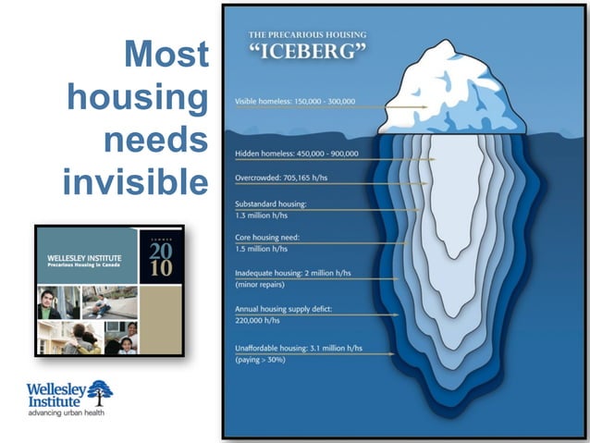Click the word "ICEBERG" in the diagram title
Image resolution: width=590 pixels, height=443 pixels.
click(307, 52)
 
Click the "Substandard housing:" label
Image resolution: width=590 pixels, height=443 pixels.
click(270, 203)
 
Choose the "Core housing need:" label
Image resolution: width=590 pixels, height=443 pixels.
click(267, 238)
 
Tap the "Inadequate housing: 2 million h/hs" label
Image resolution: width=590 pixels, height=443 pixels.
click(292, 274)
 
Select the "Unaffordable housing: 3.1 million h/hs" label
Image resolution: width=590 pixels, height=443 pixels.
click(296, 347)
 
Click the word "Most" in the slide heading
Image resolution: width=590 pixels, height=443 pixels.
click(166, 55)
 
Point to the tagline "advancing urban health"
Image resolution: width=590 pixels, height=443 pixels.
click(67, 412)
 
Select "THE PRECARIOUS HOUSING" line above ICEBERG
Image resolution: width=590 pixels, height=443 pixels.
click(307, 35)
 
